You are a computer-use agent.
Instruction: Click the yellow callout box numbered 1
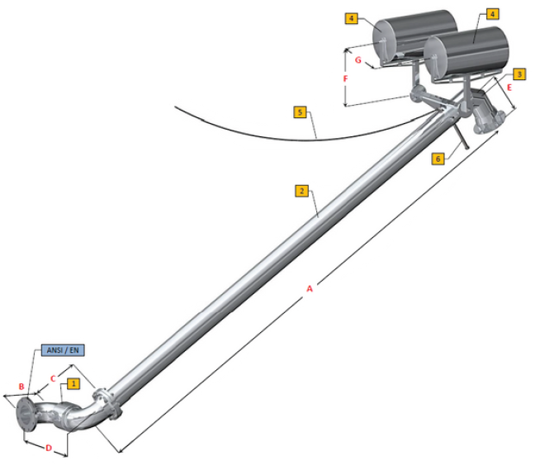click(x=73, y=383)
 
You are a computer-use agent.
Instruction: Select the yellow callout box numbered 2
click(x=301, y=191)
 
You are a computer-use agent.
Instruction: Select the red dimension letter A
click(x=310, y=289)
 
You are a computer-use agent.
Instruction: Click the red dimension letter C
click(x=53, y=379)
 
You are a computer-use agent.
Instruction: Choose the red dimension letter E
click(x=509, y=87)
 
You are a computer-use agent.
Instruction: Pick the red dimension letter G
click(x=357, y=60)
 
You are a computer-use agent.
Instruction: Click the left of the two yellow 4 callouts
click(x=352, y=17)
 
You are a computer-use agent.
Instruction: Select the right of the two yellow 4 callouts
click(x=492, y=14)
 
